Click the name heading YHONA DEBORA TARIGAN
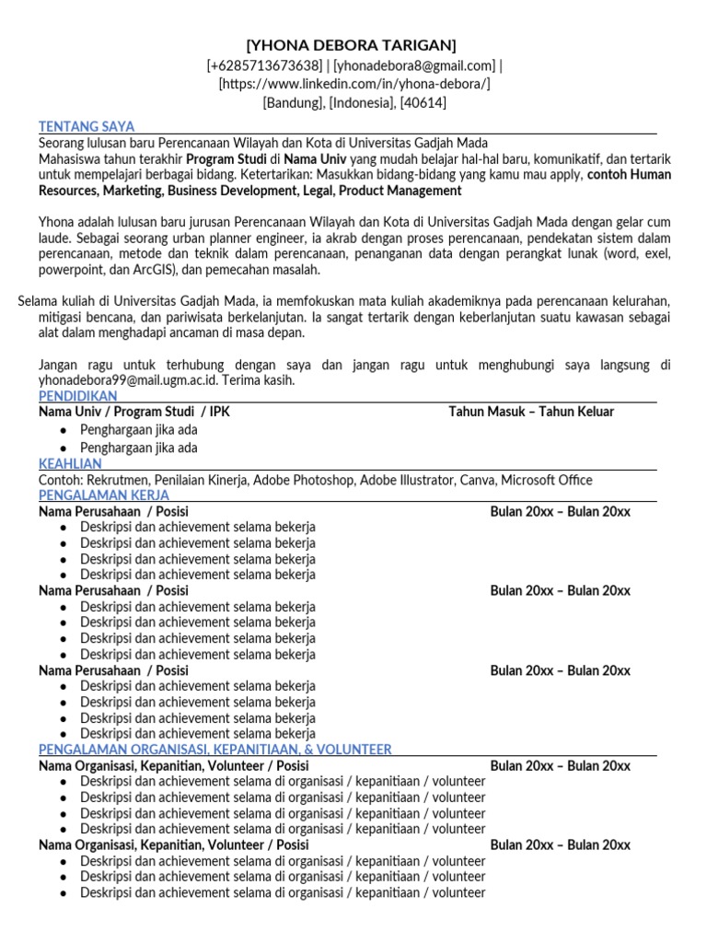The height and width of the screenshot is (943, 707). [351, 46]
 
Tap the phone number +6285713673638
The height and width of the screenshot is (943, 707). [266, 65]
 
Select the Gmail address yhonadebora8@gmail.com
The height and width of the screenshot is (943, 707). [414, 65]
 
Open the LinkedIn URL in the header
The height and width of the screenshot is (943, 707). [353, 84]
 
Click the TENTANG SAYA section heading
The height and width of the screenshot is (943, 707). [87, 127]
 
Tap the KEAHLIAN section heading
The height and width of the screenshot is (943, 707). [71, 464]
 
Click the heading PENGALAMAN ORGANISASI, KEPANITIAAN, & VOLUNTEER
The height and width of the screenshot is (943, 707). [215, 750]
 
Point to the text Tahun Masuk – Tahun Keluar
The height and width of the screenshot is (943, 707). [531, 412]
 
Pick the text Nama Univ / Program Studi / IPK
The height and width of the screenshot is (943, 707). [134, 412]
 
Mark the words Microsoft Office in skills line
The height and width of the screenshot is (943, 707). [547, 480]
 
